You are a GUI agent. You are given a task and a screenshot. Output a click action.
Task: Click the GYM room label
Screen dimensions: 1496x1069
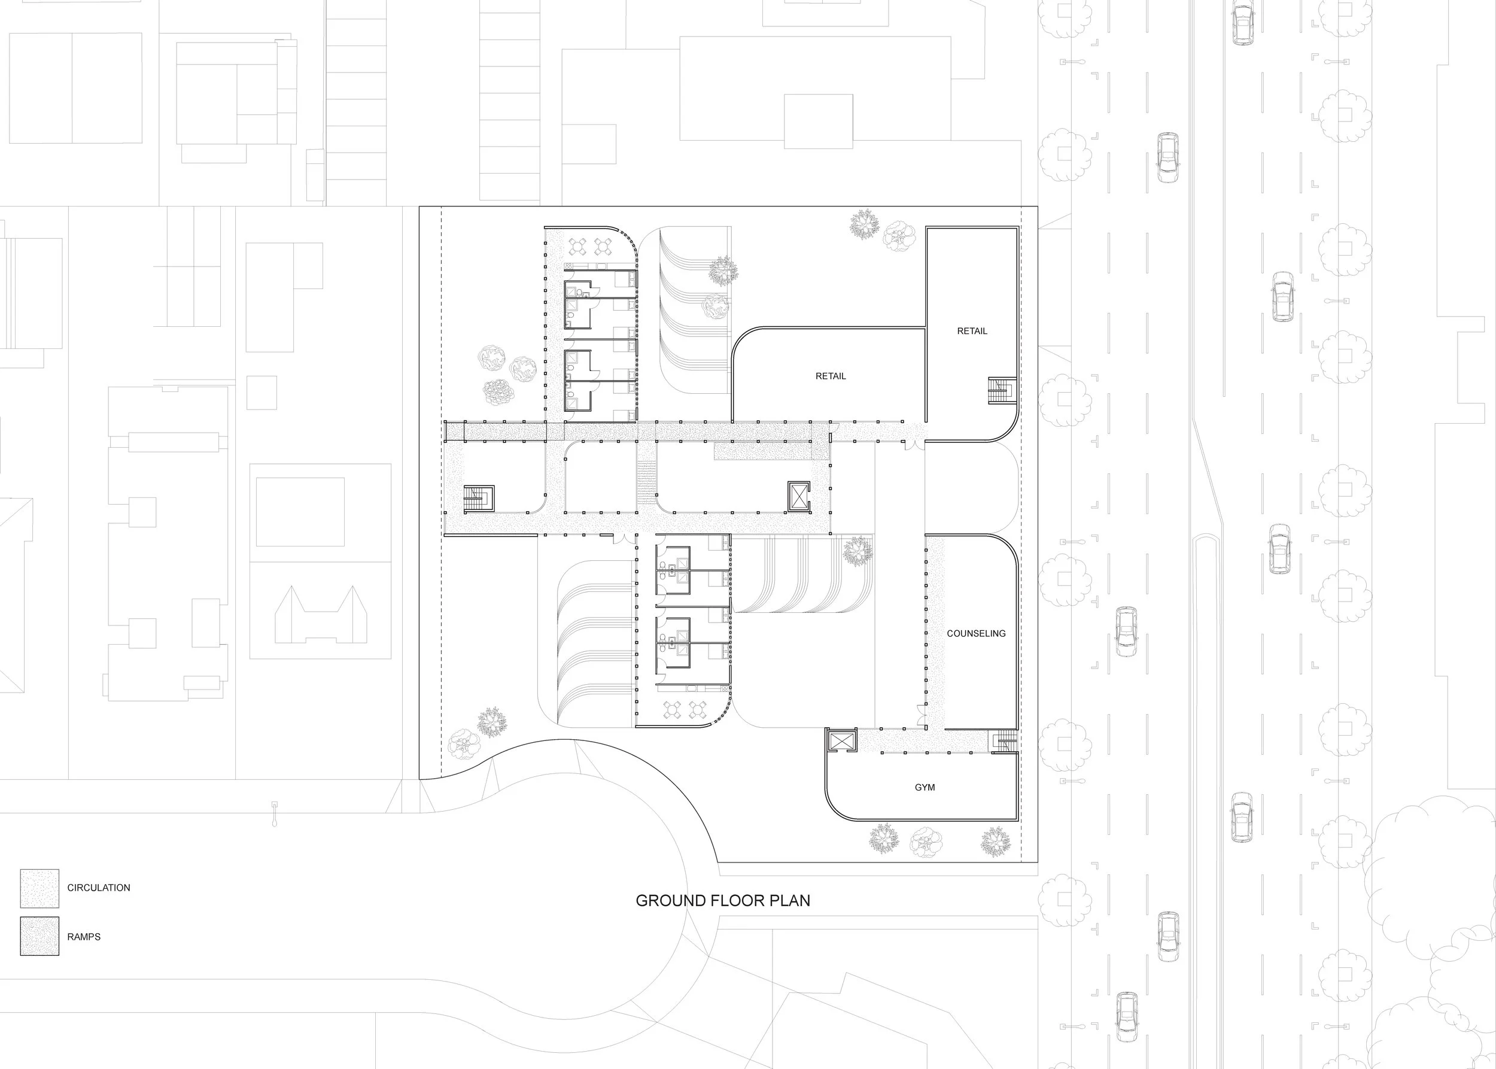[924, 787]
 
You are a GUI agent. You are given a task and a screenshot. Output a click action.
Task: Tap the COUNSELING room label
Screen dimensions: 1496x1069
[975, 633]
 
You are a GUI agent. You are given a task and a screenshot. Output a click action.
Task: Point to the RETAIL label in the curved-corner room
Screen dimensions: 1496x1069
[830, 376]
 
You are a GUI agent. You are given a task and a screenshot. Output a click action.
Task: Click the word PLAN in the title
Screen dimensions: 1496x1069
[789, 900]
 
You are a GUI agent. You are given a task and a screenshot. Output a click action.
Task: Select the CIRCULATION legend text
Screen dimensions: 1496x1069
[99, 887]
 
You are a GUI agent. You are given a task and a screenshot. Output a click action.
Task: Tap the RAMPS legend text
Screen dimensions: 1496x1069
[84, 937]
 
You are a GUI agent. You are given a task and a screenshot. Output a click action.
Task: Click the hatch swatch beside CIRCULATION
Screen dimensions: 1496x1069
[39, 888]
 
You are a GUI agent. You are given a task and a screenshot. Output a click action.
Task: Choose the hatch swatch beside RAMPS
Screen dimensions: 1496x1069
[39, 936]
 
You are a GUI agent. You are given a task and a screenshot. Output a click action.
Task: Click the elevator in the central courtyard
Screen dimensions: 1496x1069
[798, 496]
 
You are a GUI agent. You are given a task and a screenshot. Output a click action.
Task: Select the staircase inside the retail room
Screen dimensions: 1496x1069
[1002, 390]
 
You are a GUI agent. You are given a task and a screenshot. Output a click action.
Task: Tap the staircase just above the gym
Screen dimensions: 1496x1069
[1004, 740]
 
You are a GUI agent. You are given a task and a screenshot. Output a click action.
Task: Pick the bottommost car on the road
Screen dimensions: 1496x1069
[1126, 1016]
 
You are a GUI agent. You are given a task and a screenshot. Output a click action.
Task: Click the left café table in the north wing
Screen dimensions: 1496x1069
[578, 246]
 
